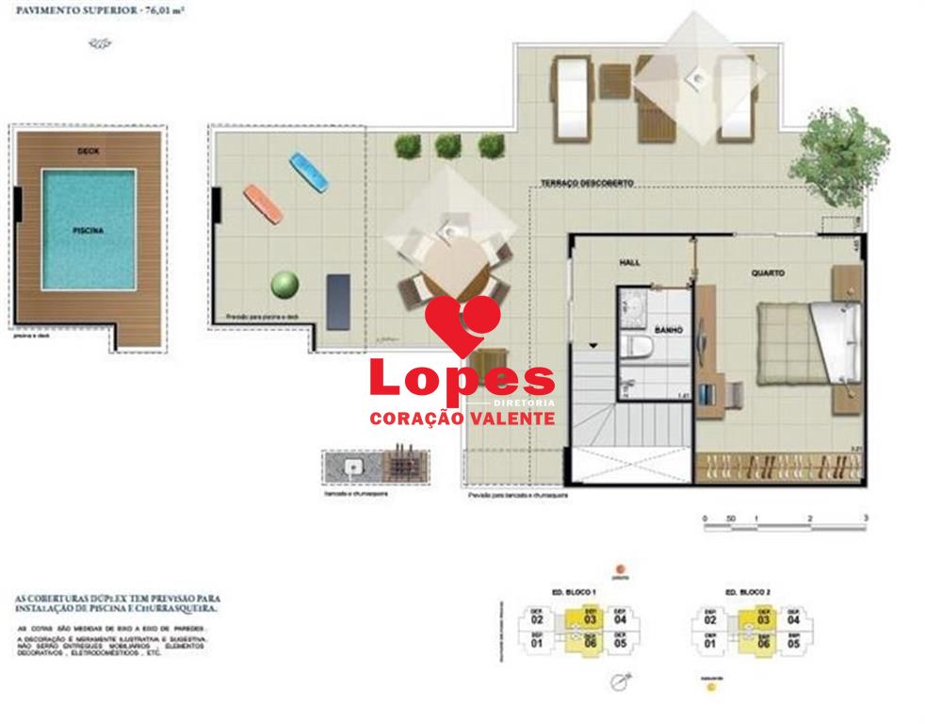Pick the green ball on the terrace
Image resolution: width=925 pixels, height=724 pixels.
(284, 285)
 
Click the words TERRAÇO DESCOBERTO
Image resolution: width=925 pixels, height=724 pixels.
(587, 182)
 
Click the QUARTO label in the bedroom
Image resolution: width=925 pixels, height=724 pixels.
(768, 273)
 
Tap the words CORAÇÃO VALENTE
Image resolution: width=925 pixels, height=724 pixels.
(462, 417)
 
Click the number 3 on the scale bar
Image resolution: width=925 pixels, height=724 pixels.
(865, 518)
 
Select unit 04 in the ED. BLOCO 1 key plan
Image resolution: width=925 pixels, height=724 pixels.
(621, 619)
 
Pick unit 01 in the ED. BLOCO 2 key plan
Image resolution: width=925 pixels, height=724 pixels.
(710, 644)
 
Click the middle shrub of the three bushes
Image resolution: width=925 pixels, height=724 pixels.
(448, 145)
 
